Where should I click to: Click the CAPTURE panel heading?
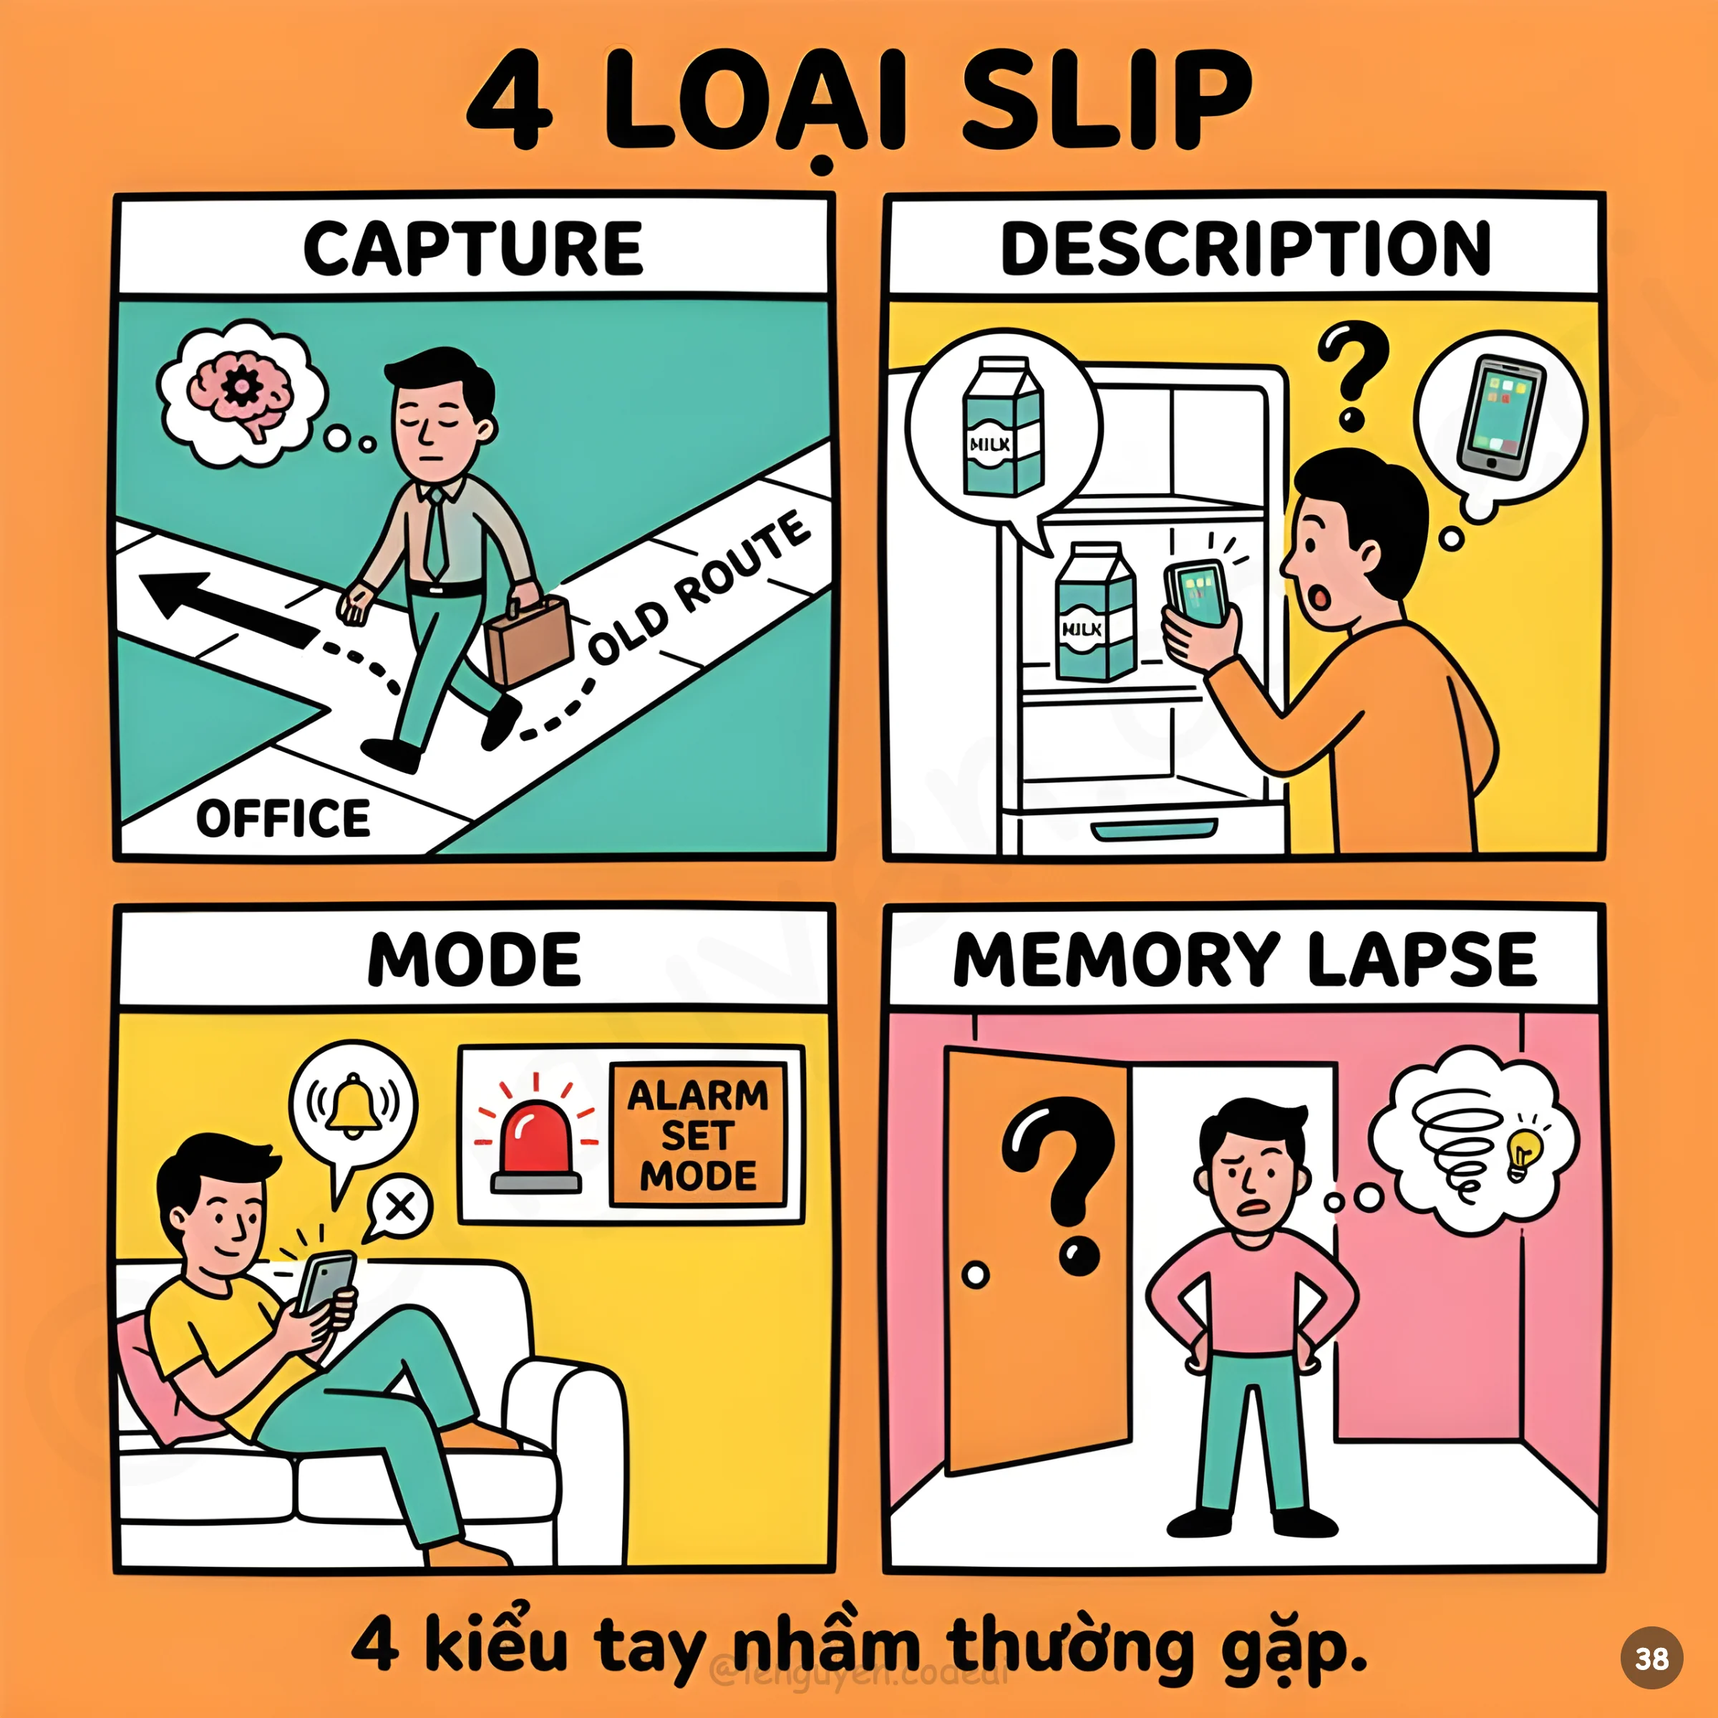[472, 248]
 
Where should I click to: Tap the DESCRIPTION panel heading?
[1245, 248]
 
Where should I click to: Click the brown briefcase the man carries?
[528, 639]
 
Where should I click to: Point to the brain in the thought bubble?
[238, 392]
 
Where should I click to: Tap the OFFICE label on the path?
[283, 818]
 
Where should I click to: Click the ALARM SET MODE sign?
[698, 1135]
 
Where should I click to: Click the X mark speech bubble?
[400, 1207]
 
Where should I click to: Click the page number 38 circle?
[1651, 1658]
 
